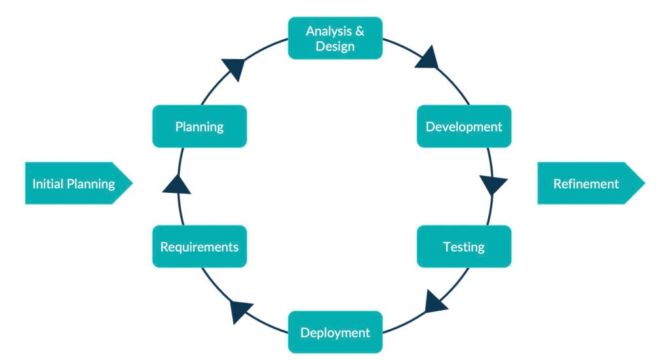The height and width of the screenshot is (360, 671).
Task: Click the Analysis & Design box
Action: (x=335, y=38)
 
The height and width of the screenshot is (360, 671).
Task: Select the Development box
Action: (x=464, y=127)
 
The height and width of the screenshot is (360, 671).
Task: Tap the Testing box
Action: (x=464, y=247)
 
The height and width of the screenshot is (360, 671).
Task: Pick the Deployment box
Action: (x=335, y=332)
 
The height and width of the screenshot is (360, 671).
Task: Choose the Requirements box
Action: (x=199, y=247)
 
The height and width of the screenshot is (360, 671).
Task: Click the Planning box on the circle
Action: (x=199, y=127)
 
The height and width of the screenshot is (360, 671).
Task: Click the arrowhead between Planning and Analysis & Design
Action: (x=234, y=68)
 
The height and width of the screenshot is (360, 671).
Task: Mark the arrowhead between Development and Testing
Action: (x=493, y=185)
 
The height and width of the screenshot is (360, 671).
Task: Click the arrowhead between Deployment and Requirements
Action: (x=241, y=311)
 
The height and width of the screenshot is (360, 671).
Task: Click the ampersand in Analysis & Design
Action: (x=360, y=31)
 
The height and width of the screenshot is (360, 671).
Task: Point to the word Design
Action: (x=335, y=47)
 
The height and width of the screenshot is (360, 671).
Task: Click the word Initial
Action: (x=48, y=184)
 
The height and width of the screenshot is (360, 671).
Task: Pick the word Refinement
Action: (x=586, y=184)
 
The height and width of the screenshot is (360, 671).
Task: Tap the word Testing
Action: (x=464, y=247)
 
